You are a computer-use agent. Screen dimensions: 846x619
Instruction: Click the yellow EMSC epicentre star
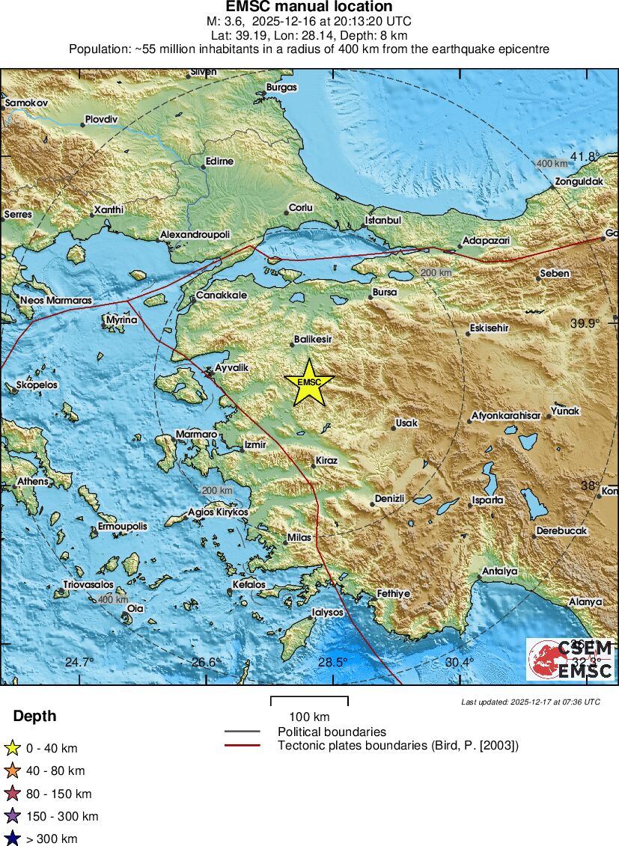pyautogui.click(x=308, y=382)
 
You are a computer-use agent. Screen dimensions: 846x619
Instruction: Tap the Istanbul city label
pyautogui.click(x=383, y=221)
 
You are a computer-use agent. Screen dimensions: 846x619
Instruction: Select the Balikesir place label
pyautogui.click(x=313, y=339)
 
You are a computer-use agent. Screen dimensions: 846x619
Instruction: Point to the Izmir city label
pyautogui.click(x=255, y=445)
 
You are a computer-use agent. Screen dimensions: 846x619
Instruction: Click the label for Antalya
pyautogui.click(x=499, y=571)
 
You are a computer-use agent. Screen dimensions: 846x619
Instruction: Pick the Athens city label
pyautogui.click(x=33, y=481)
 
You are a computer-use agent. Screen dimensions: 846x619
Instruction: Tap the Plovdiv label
pyautogui.click(x=101, y=119)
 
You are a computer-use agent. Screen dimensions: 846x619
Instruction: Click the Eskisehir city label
pyautogui.click(x=490, y=328)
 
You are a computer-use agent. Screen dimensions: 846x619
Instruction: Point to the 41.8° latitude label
pyautogui.click(x=585, y=156)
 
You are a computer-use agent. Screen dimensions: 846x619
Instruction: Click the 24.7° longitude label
pyautogui.click(x=79, y=662)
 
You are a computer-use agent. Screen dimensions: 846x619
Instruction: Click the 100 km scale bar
pyautogui.click(x=309, y=702)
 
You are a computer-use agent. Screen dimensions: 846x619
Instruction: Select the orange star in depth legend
pyautogui.click(x=12, y=770)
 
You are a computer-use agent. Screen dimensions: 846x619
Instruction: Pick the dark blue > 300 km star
pyautogui.click(x=12, y=839)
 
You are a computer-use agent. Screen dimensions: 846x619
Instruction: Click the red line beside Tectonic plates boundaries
pyautogui.click(x=242, y=745)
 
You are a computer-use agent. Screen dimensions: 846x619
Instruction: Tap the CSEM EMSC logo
pyautogui.click(x=570, y=659)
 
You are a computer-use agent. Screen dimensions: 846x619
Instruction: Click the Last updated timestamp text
pyautogui.click(x=531, y=702)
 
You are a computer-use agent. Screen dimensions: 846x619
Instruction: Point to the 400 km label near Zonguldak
pyautogui.click(x=552, y=163)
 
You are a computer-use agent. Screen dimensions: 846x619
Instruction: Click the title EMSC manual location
pyautogui.click(x=309, y=7)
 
